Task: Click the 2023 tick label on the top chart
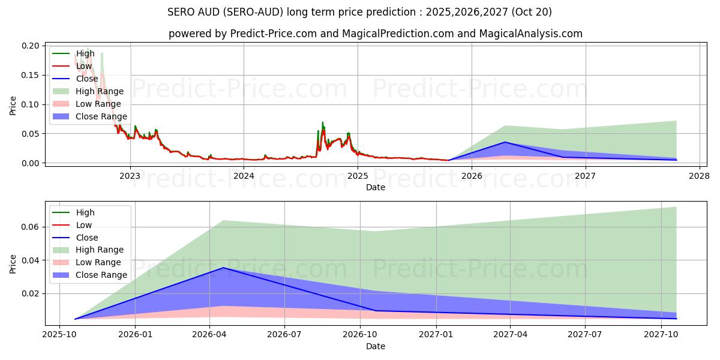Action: (130, 176)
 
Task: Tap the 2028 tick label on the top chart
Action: (699, 176)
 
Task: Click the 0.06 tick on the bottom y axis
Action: (31, 227)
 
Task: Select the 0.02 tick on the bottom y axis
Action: (31, 293)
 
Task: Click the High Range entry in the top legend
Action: (100, 91)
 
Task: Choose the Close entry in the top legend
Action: (87, 79)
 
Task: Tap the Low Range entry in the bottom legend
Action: (98, 262)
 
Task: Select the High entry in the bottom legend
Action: (85, 212)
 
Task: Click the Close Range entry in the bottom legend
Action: (101, 275)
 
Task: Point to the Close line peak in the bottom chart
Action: (224, 268)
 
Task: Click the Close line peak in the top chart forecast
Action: (505, 142)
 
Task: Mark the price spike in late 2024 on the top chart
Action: (322, 122)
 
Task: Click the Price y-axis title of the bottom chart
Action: (13, 263)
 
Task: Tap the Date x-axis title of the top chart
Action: (376, 187)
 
